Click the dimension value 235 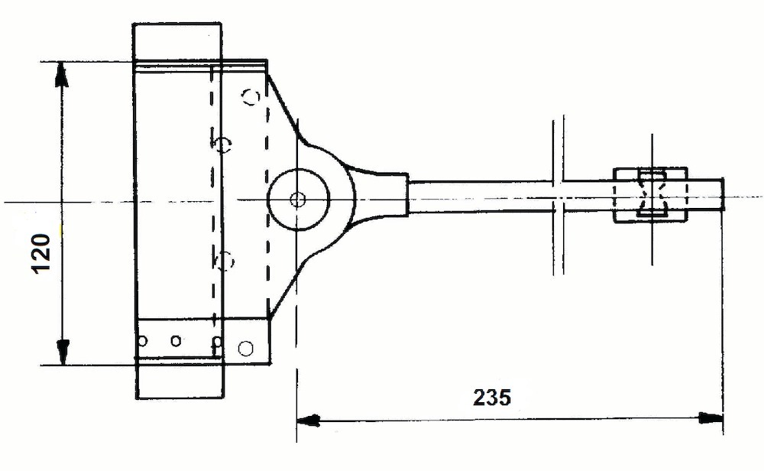(x=491, y=398)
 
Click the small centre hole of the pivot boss (x=297, y=200)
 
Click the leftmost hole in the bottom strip (x=142, y=340)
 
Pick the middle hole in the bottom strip (x=176, y=340)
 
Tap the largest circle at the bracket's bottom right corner (x=245, y=349)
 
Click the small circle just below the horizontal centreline (x=225, y=261)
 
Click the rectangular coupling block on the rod (x=652, y=196)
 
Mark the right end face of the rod (x=722, y=195)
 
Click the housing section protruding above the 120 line (x=177, y=42)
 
